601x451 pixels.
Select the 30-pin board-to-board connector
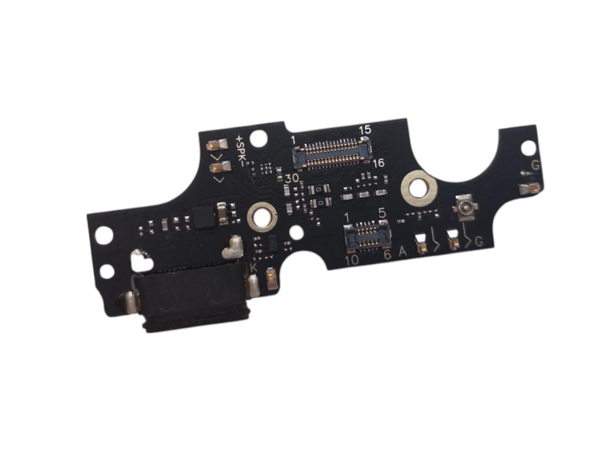click(331, 153)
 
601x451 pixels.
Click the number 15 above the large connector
click(365, 130)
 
